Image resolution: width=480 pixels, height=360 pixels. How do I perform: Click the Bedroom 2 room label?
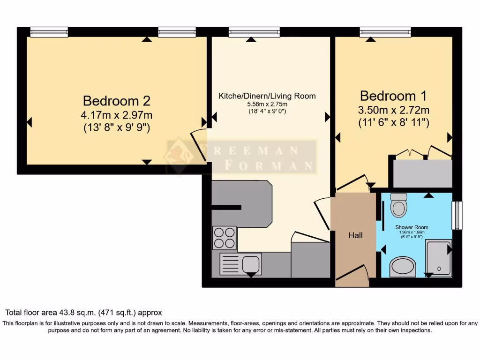click(117, 101)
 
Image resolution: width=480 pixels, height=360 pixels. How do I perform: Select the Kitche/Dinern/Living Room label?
click(267, 96)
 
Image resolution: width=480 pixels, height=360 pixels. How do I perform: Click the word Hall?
click(355, 235)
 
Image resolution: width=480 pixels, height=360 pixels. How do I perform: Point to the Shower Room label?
click(412, 227)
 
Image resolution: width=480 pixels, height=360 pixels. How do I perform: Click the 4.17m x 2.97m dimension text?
click(117, 115)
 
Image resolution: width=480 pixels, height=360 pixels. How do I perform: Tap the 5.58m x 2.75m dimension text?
click(267, 104)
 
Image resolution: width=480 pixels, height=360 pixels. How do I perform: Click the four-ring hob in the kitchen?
click(224, 237)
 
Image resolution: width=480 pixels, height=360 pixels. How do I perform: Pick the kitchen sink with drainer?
click(240, 264)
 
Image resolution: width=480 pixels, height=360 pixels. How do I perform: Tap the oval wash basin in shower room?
click(403, 267)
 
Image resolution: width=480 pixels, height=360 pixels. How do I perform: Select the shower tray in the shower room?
click(438, 257)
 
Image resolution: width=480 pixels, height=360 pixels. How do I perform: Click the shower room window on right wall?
click(457, 216)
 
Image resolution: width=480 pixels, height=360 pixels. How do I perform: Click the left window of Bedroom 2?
click(49, 32)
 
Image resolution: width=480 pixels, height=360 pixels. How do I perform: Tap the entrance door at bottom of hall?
click(353, 276)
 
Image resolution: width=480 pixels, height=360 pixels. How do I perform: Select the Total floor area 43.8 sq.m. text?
click(83, 312)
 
